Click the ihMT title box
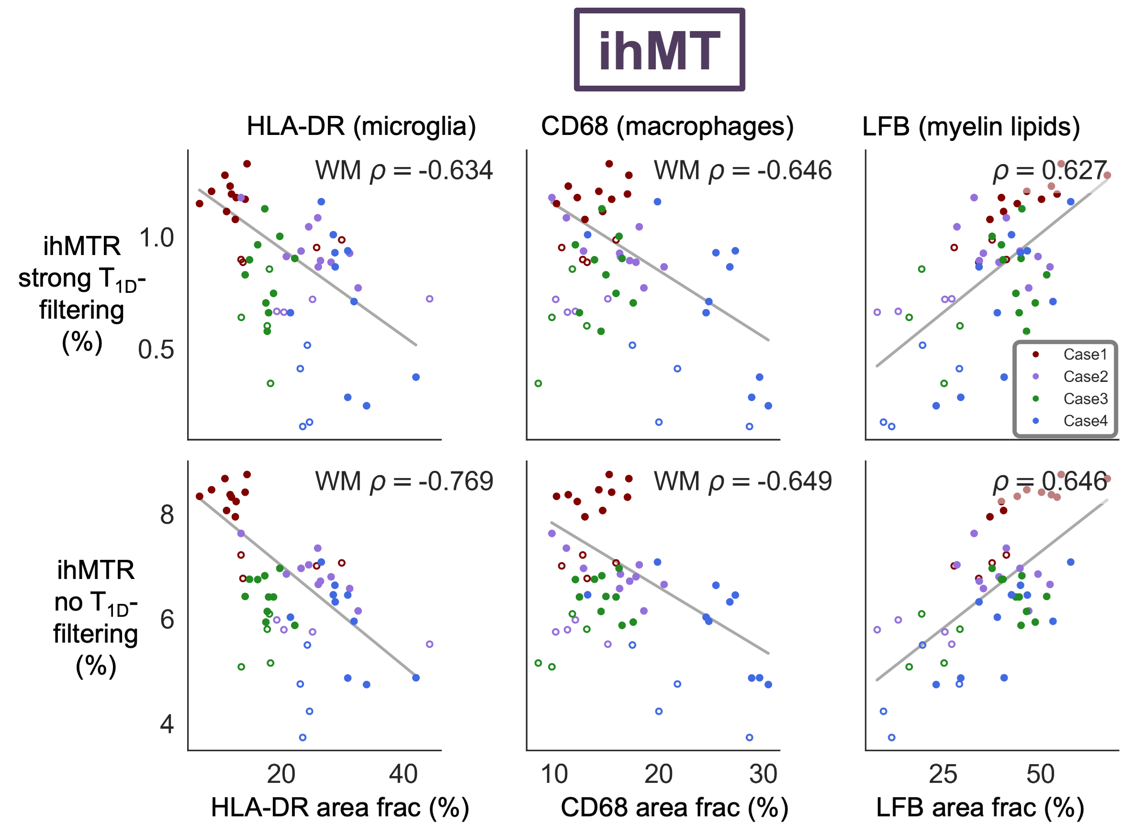(659, 49)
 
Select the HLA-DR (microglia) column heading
(361, 126)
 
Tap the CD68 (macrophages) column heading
(667, 126)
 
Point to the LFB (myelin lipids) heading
(971, 126)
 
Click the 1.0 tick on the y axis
(157, 238)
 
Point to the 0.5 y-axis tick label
(157, 350)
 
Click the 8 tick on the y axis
(167, 515)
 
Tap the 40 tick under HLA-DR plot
(403, 775)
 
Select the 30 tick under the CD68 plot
(763, 775)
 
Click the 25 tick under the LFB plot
(943, 775)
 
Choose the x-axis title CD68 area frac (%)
(675, 808)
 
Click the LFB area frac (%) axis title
(980, 808)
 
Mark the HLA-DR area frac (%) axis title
(340, 808)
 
